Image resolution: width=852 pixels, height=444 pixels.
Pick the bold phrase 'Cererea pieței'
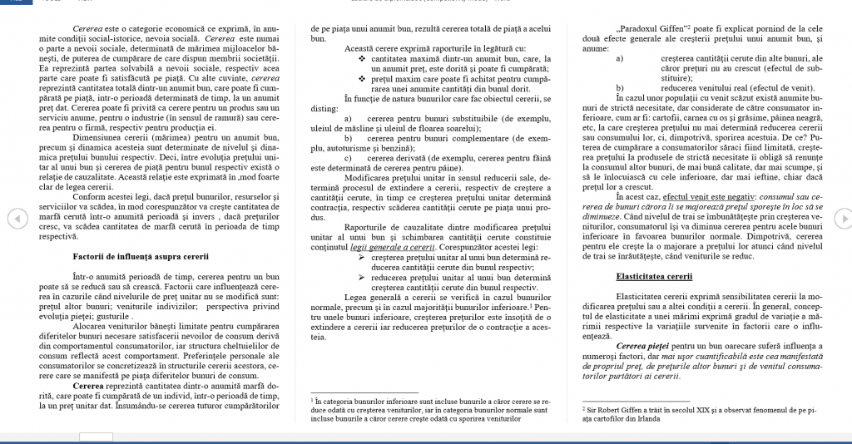click(x=644, y=344)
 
